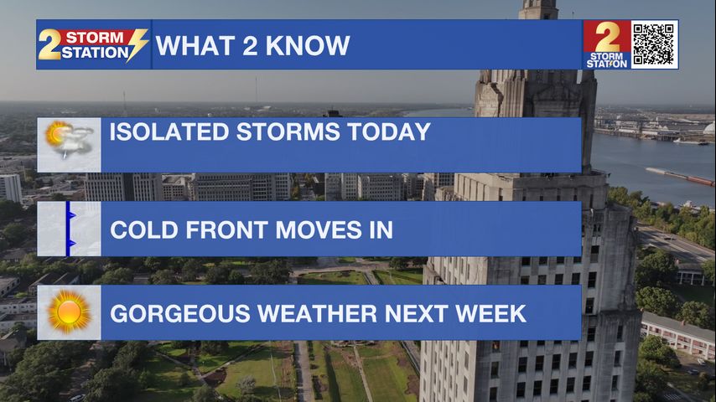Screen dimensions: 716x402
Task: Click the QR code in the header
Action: coord(654,44)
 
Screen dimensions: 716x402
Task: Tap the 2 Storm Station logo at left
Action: coord(93,44)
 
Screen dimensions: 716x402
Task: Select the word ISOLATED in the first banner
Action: coord(169,131)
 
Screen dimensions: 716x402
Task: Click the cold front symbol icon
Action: coord(70,229)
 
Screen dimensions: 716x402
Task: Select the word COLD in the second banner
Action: coord(144,229)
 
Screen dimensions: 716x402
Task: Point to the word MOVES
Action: coord(319,229)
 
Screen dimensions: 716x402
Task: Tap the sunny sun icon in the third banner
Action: coord(69,312)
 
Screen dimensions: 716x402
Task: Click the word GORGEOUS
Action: coord(180,314)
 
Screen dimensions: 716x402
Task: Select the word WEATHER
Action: coord(318,314)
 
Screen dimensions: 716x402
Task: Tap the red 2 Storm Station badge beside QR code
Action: coord(607,44)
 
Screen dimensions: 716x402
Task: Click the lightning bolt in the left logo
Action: coord(137,44)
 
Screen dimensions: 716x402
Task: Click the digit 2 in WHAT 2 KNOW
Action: coord(250,45)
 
